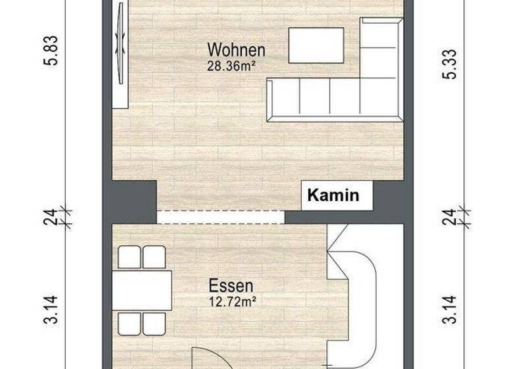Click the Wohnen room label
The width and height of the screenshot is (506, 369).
[236, 50]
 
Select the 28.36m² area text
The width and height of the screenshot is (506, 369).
[231, 65]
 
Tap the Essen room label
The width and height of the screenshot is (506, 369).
[231, 287]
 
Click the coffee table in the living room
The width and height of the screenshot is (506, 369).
[315, 45]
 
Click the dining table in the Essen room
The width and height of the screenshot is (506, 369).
[142, 291]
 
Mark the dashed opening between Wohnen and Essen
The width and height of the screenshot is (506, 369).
[221, 217]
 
